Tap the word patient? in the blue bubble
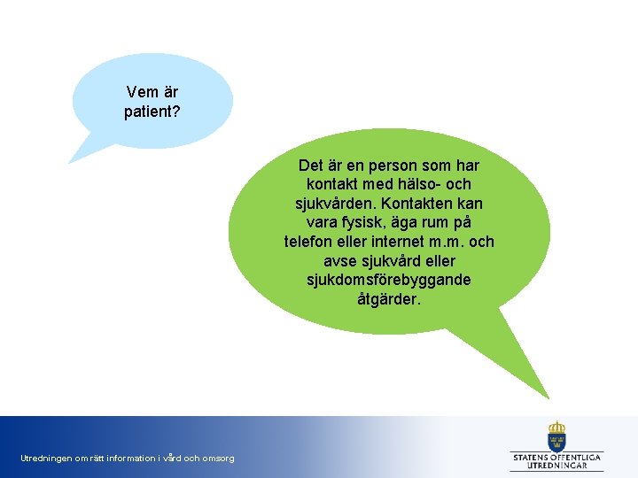click(x=152, y=112)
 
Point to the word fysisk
click(x=367, y=222)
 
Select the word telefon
click(x=309, y=242)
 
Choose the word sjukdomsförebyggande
click(x=389, y=280)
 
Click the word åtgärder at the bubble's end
click(x=389, y=299)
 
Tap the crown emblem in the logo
click(x=556, y=436)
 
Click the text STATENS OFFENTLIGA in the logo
click(x=557, y=457)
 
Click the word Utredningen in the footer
click(x=46, y=459)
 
